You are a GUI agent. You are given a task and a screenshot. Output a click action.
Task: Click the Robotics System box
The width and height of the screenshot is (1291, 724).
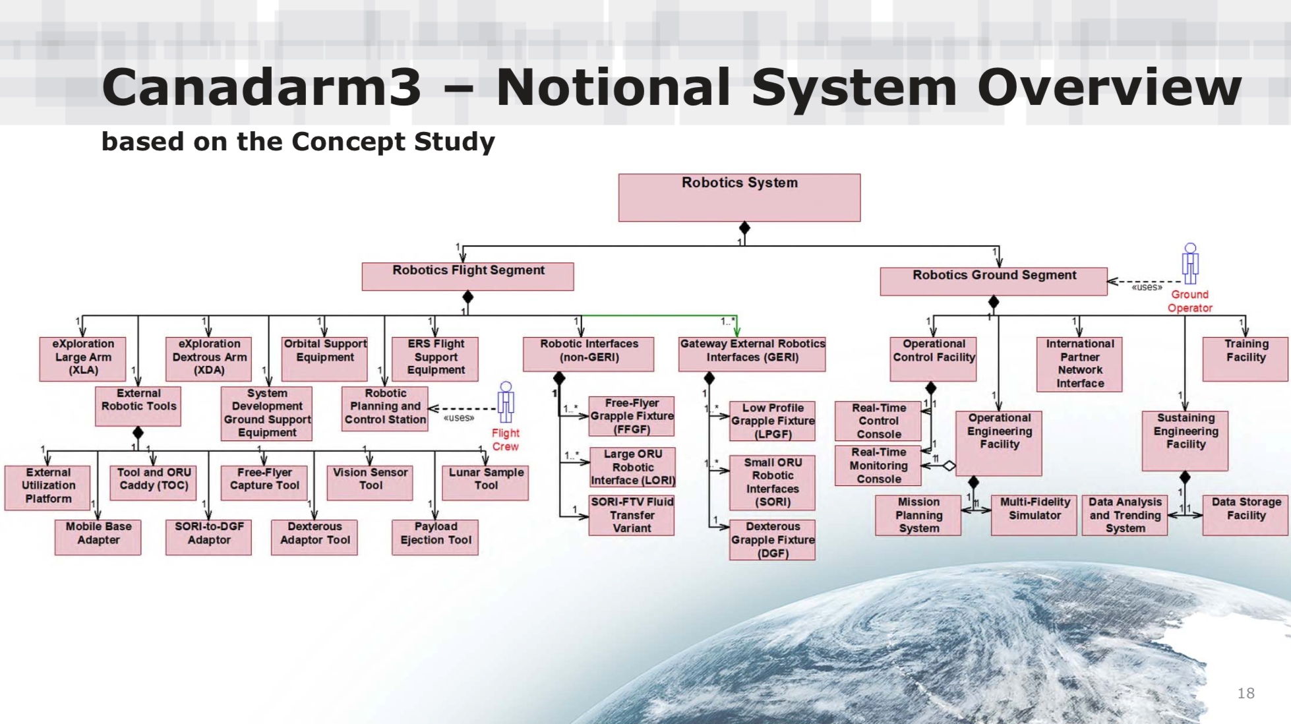point(739,197)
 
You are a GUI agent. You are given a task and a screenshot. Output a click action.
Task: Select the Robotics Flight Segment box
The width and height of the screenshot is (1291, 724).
point(467,276)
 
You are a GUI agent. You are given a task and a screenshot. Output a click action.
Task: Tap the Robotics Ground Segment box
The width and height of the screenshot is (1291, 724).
point(993,281)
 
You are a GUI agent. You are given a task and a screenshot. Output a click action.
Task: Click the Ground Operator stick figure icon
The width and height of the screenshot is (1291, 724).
point(1189,263)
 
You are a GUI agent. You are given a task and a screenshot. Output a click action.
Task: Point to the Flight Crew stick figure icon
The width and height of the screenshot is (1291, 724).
point(506,402)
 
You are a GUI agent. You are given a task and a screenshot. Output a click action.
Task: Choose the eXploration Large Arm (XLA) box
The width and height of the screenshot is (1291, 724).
point(82,359)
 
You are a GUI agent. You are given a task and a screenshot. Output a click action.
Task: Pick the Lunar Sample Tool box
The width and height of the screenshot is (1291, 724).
point(485,483)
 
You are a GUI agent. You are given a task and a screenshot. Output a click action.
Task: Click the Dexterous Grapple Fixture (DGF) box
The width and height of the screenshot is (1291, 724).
point(772,540)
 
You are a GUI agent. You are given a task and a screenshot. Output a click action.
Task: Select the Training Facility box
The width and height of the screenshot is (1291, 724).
point(1245,359)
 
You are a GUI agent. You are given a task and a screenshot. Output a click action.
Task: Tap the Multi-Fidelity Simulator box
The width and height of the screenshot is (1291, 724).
point(1034,514)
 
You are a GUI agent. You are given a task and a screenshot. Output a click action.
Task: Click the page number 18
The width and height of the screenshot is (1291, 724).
point(1246,693)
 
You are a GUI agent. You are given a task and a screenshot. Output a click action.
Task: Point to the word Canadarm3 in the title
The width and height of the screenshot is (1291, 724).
point(261,87)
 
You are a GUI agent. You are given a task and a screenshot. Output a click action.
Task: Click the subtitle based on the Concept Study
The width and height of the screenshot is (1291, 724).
point(297,142)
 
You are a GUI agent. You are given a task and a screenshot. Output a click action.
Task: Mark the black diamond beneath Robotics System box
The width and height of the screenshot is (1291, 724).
point(744,228)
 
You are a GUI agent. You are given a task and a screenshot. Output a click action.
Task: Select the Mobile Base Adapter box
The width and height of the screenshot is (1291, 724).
point(98,537)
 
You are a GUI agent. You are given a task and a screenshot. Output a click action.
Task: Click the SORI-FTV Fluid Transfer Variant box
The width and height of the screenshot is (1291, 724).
point(631,514)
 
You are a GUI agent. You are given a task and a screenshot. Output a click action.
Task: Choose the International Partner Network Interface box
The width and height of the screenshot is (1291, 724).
point(1079,364)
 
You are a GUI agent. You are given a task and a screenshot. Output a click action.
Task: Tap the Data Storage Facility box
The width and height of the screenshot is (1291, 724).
point(1245,514)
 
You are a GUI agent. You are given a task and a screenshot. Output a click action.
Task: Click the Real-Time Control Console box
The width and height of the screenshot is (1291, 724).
point(878,421)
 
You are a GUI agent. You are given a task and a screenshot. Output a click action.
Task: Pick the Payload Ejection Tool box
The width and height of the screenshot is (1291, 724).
point(435,537)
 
